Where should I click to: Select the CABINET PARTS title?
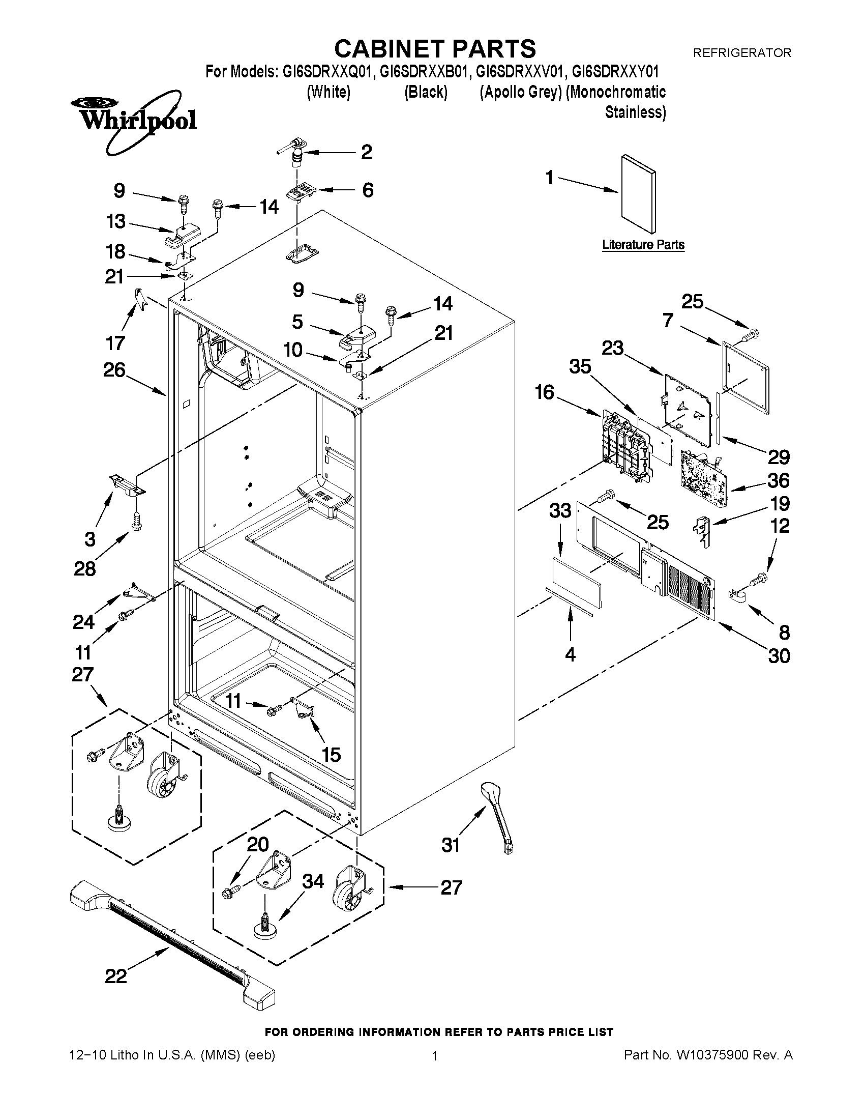435,49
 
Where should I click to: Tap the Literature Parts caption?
643,245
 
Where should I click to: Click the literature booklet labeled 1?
638,194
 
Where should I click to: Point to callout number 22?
116,977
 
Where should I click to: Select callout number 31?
451,845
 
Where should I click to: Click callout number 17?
115,342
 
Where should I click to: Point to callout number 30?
779,656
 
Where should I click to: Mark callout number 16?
544,392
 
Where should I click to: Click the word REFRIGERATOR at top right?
741,53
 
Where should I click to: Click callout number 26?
114,370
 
